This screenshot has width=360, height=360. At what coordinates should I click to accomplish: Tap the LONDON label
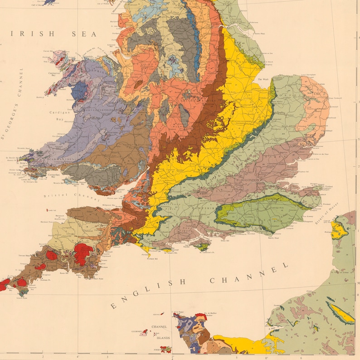pos(251,180)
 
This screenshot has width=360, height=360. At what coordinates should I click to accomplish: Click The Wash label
pos(263,80)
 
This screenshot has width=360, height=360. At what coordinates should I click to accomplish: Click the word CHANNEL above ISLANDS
pos(159,326)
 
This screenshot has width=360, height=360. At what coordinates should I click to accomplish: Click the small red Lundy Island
pos(48,210)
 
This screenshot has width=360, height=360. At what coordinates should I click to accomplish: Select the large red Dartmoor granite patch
pos(83,252)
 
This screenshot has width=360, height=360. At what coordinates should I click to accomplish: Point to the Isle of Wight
pos(203,247)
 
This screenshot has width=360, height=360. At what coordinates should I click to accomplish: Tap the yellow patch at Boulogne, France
pos(339,229)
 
